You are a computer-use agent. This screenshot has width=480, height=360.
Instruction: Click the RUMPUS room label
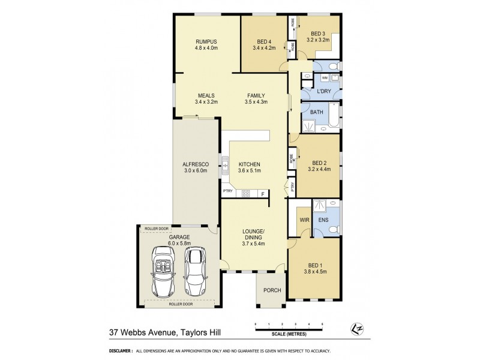click(x=206, y=41)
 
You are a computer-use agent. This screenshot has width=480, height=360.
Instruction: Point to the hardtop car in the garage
click(x=195, y=269)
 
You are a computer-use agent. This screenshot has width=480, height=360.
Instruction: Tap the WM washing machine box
click(x=325, y=78)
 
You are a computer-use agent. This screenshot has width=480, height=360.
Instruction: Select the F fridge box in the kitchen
click(x=262, y=193)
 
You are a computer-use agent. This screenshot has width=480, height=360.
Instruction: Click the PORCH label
click(x=272, y=290)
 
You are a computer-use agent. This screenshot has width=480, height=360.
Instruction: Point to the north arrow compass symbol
click(x=353, y=329)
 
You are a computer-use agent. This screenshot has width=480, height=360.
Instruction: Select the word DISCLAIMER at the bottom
click(x=120, y=351)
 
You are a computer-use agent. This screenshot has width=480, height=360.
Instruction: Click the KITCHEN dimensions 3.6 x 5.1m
click(x=249, y=170)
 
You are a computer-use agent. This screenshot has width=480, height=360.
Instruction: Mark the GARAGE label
click(x=179, y=237)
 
